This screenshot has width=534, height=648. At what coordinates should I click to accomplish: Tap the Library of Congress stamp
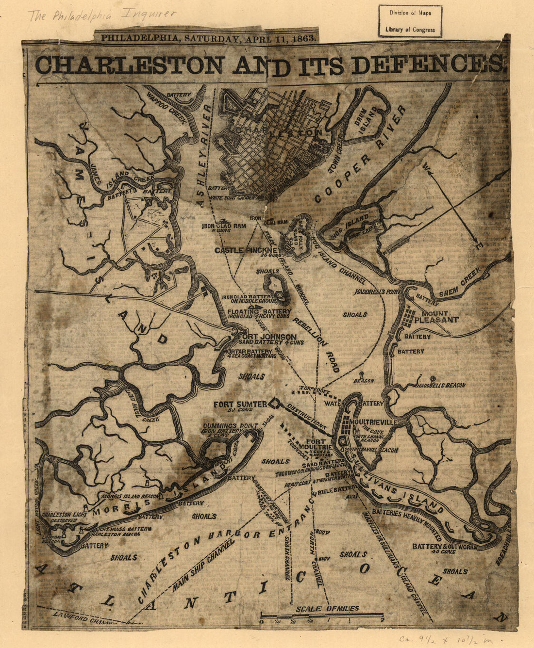[410, 21]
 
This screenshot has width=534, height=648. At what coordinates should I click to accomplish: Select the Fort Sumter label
[240, 404]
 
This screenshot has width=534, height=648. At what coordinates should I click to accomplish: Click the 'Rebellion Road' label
[316, 345]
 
